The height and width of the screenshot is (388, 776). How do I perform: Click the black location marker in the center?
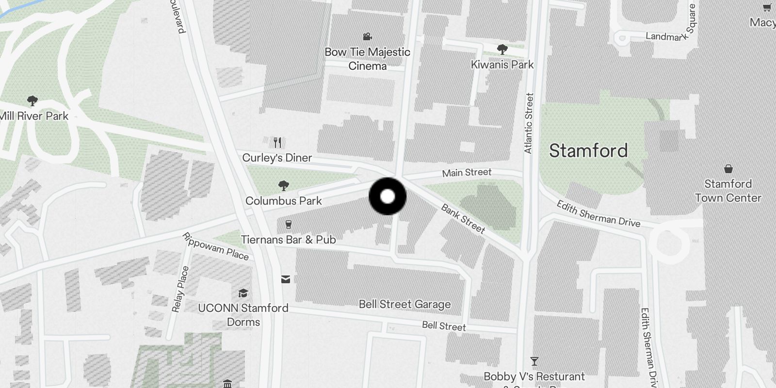click(x=388, y=196)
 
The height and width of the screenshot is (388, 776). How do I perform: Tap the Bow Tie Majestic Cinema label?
click(x=367, y=59)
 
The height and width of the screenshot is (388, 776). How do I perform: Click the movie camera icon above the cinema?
click(x=367, y=36)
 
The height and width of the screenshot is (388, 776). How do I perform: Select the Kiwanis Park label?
click(x=502, y=65)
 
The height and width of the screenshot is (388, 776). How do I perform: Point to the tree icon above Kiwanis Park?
click(x=502, y=49)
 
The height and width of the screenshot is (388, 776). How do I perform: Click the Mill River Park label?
click(x=34, y=116)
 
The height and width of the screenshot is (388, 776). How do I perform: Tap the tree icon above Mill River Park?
click(x=32, y=101)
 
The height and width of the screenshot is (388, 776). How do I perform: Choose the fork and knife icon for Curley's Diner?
click(x=277, y=142)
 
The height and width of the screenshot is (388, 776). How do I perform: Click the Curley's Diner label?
click(x=277, y=158)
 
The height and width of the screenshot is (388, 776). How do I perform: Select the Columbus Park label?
click(x=283, y=201)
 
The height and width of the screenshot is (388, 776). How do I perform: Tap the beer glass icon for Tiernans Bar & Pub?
click(x=289, y=224)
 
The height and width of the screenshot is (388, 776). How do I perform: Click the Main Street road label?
click(x=467, y=173)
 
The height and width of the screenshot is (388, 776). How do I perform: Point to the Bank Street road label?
click(x=463, y=218)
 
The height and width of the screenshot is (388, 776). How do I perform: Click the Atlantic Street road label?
click(x=529, y=123)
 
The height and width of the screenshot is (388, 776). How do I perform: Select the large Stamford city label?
click(x=588, y=151)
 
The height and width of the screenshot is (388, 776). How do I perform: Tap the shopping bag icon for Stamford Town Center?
click(x=728, y=169)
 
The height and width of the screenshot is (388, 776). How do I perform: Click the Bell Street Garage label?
click(x=404, y=305)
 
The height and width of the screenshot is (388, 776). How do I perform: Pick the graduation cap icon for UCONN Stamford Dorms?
click(x=243, y=293)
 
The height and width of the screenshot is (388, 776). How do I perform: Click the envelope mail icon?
click(x=286, y=279)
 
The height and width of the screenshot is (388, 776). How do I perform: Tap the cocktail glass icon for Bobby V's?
click(x=534, y=361)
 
